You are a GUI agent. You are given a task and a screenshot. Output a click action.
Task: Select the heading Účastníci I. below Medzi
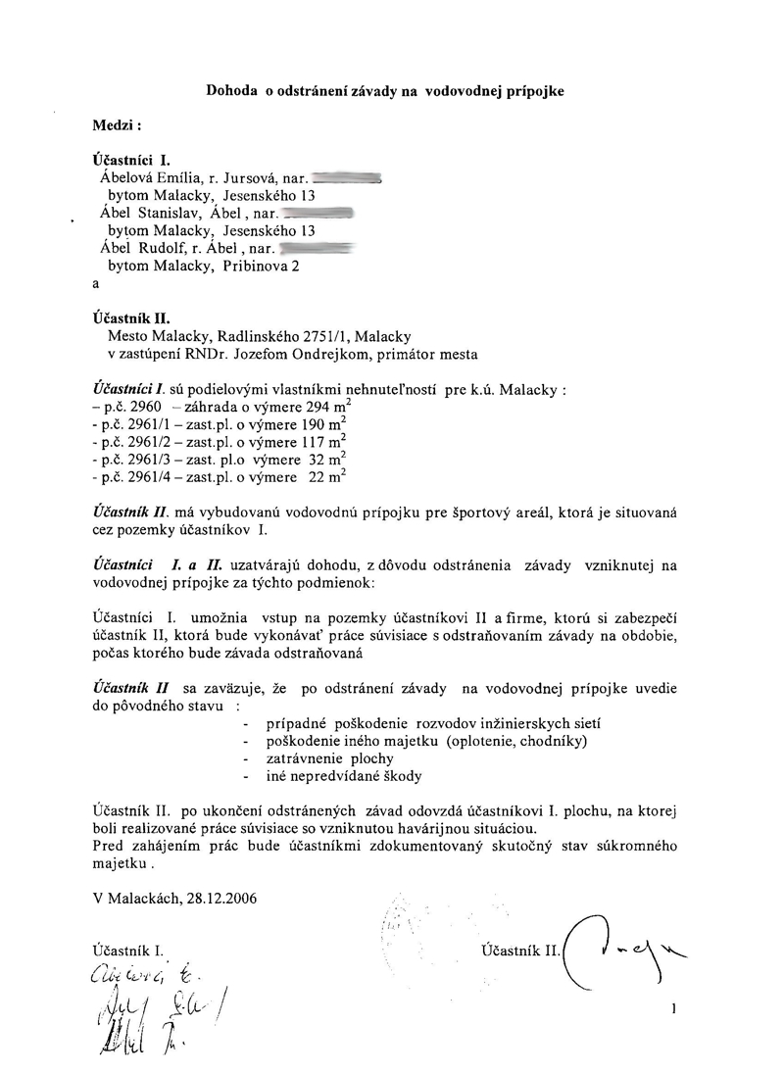131,160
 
